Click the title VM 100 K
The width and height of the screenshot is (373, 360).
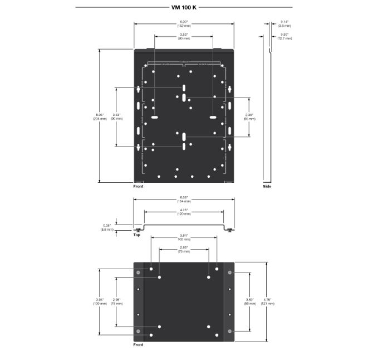184,7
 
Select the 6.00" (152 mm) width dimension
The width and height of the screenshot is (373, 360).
183,24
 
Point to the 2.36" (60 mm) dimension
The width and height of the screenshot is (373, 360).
249,116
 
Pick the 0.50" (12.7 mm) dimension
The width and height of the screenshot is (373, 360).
285,37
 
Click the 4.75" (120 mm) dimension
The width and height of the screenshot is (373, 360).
184,211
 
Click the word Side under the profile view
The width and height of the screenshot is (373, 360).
267,186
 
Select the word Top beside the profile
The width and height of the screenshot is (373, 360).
137,235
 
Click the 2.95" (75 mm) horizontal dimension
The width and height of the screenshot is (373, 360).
184,249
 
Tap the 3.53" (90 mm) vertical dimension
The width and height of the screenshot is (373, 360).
117,116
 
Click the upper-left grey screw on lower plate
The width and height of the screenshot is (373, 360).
138,273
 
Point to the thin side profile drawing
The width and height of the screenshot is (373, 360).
269,111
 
